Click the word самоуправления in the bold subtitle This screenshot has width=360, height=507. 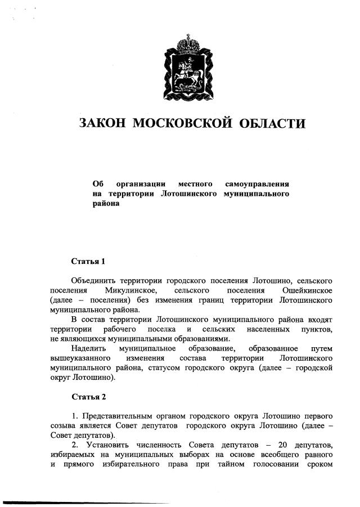256,184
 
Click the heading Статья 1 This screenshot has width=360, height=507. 88,261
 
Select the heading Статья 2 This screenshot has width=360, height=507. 88,397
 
